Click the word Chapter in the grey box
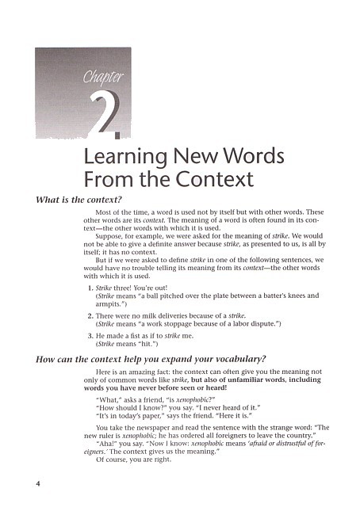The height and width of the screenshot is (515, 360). coord(104,77)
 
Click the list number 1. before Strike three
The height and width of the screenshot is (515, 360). coord(90,287)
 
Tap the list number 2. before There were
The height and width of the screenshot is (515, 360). coord(90,316)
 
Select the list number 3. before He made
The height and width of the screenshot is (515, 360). coord(90,337)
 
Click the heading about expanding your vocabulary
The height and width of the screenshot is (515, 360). coord(150,358)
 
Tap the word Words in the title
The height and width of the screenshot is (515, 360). coord(247,155)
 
